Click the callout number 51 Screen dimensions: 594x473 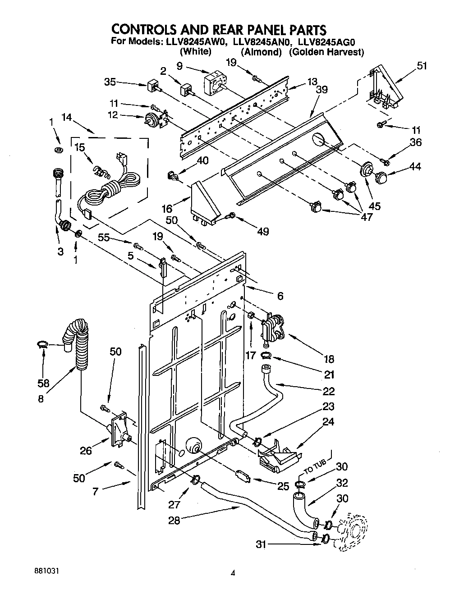tap(422, 66)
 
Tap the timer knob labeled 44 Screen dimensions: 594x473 tap(382, 178)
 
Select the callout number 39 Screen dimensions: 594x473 tap(321, 90)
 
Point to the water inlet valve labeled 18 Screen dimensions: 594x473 tap(272, 328)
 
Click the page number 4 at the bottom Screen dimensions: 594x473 tap(233, 573)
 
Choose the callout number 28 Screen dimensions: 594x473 tap(175, 520)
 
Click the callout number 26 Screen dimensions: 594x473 tap(86, 450)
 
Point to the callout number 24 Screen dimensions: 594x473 tap(328, 422)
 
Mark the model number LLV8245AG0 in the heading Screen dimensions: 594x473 tap(327, 42)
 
